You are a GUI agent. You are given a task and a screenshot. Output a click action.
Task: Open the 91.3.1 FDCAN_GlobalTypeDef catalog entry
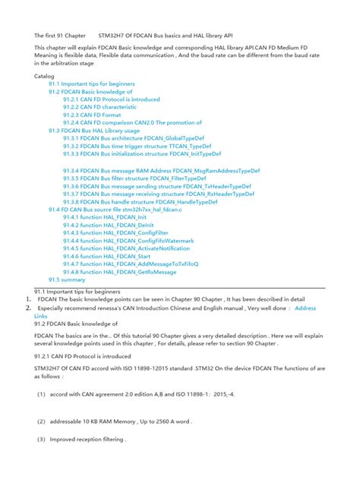137,138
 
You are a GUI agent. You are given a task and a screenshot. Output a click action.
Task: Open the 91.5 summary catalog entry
68,279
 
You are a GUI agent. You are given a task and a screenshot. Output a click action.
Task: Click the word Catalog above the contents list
45,76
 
